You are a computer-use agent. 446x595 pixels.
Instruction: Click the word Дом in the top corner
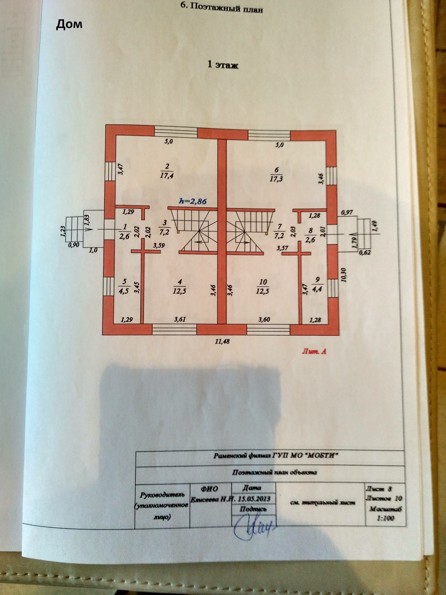click(69, 24)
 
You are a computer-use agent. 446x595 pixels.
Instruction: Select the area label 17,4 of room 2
click(167, 176)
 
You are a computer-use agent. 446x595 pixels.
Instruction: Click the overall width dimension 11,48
click(223, 342)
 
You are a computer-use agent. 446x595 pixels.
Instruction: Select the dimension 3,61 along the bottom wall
click(180, 320)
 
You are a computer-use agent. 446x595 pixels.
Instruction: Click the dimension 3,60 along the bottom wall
click(264, 320)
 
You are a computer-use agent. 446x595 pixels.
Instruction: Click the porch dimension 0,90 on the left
click(74, 245)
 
